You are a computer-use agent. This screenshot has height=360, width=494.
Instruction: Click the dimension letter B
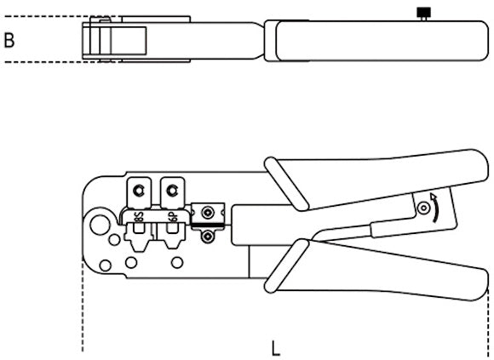point(9,40)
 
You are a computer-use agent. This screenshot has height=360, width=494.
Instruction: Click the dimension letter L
point(276,348)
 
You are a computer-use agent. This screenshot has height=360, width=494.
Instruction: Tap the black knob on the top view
point(424,13)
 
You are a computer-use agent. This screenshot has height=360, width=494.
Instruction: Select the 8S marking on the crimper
point(139,217)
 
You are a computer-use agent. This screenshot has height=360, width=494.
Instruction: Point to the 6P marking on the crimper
point(173,217)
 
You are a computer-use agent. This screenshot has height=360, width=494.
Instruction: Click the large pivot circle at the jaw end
point(100,225)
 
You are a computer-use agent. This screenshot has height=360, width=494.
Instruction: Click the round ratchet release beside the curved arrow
point(424,208)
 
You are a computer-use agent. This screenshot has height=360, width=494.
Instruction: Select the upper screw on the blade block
point(207,213)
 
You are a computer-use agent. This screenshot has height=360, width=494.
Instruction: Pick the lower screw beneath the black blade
point(207,236)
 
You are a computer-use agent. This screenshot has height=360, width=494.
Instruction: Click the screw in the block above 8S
point(138,191)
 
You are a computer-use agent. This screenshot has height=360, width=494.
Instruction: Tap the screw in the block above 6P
point(172,191)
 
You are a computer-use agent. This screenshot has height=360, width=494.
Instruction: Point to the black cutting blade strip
point(207,225)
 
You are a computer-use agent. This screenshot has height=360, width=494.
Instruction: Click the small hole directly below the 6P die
point(177,262)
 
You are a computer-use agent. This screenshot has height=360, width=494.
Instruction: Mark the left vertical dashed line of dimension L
point(83,305)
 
